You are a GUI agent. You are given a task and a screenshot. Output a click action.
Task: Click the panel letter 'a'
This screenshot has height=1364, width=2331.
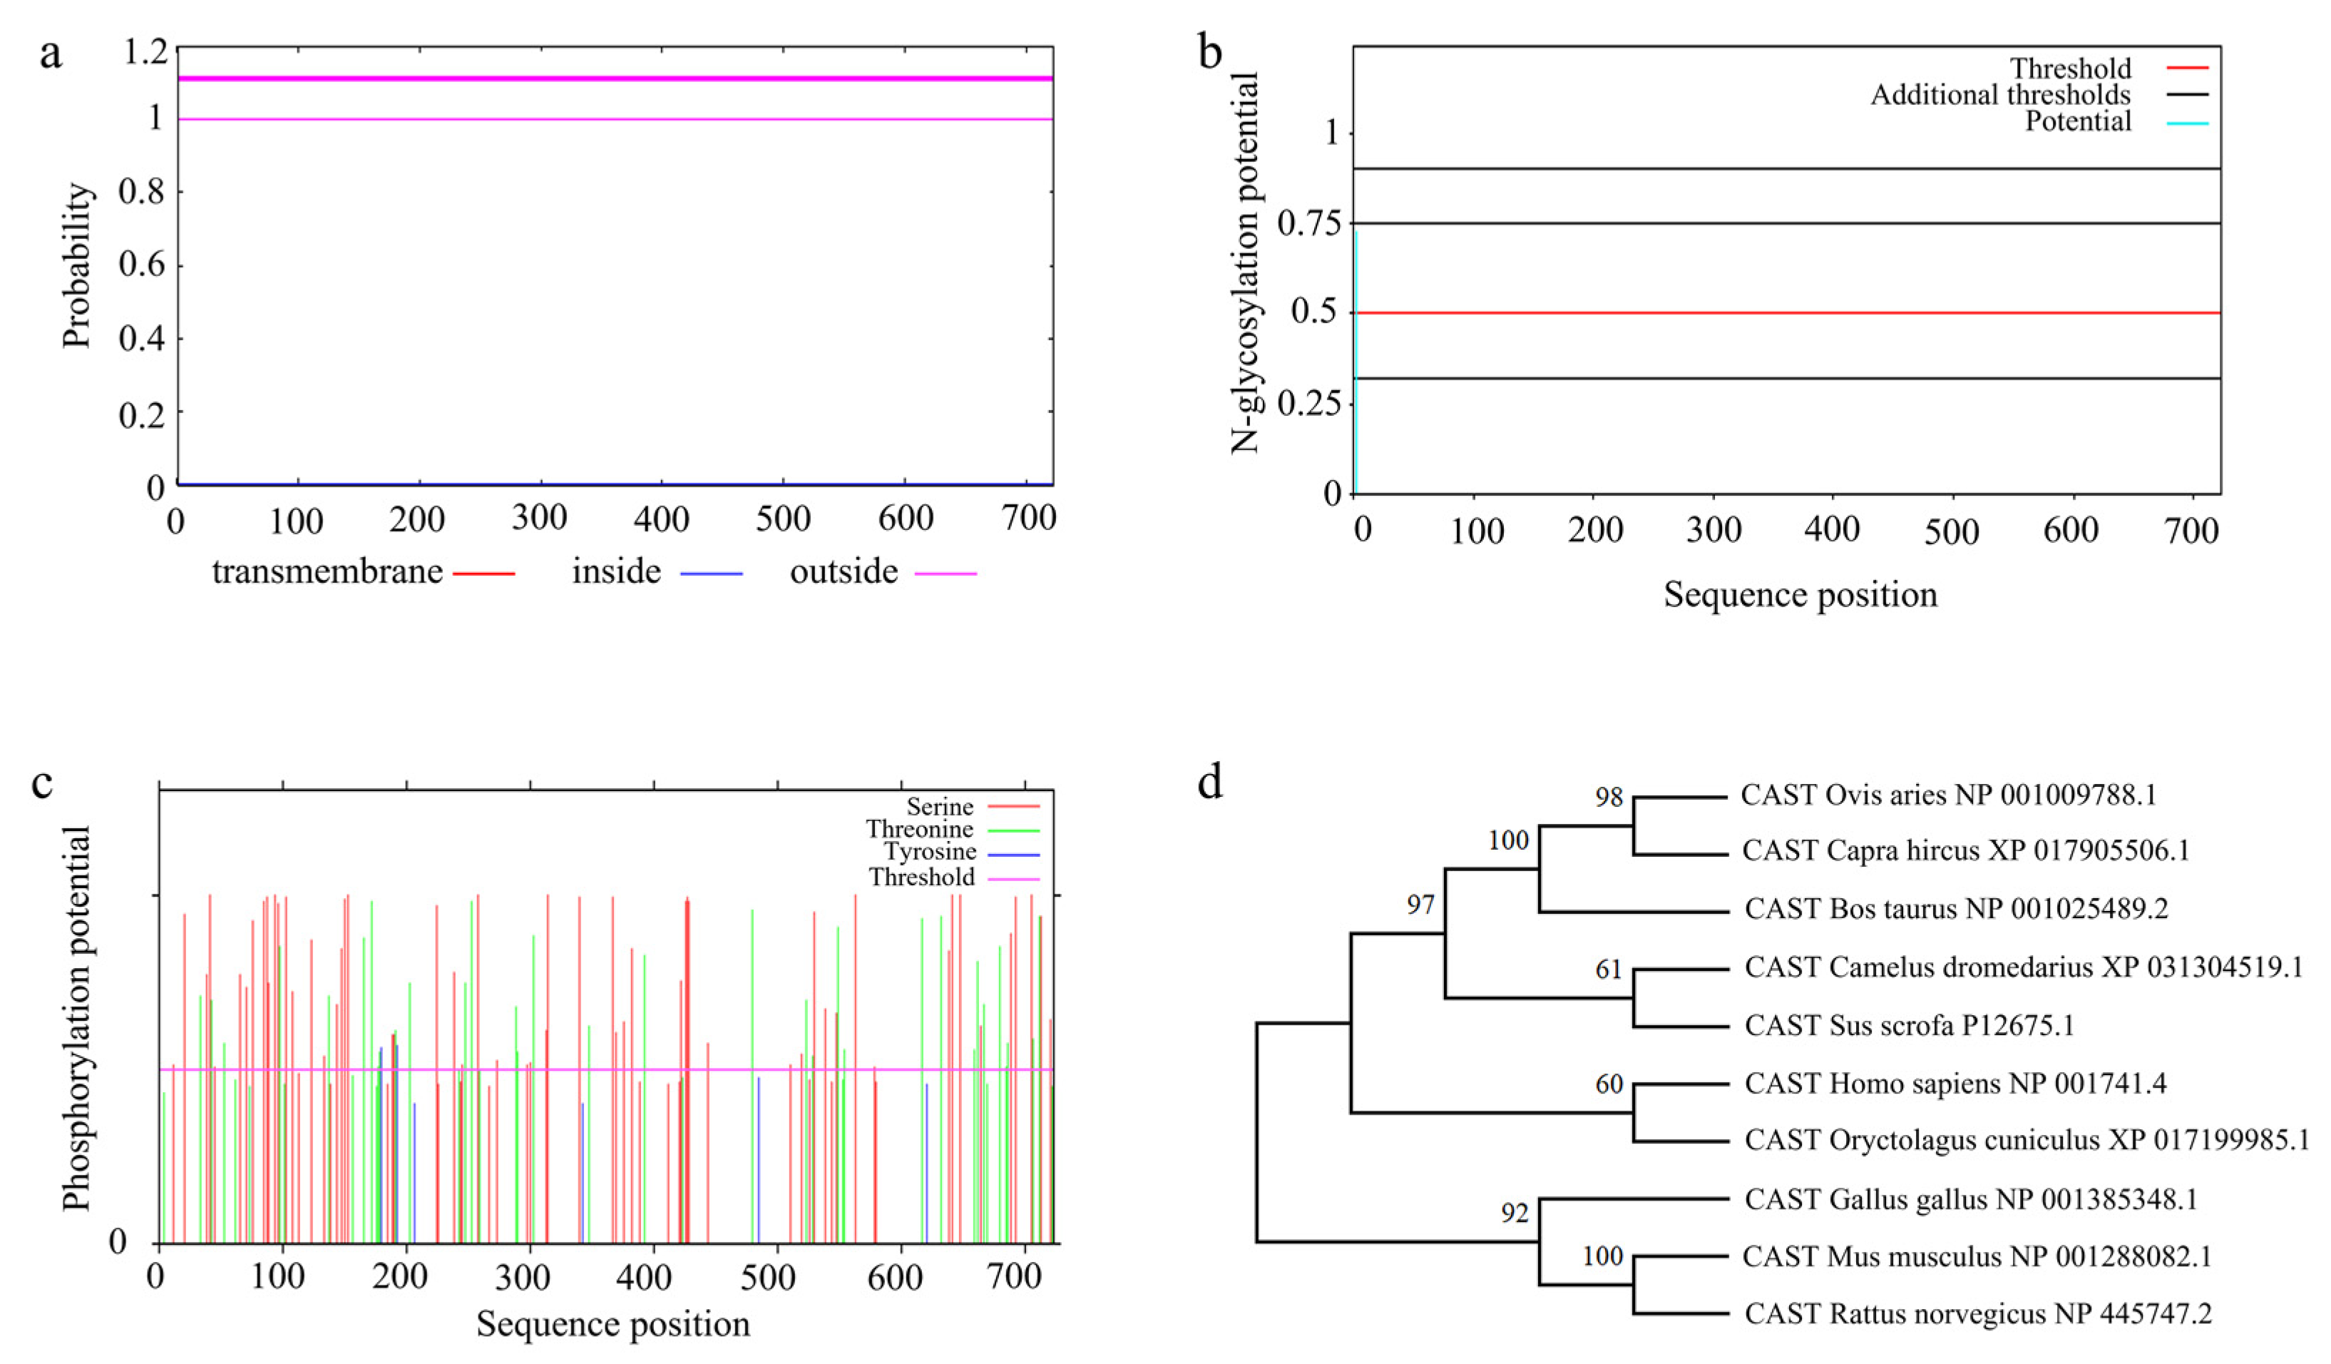51,54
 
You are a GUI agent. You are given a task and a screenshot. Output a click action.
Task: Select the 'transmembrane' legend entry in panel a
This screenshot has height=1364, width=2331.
327,572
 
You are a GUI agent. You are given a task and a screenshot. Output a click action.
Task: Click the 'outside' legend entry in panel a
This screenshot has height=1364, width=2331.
844,572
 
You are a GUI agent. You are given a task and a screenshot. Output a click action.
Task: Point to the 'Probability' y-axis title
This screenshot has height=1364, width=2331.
78,265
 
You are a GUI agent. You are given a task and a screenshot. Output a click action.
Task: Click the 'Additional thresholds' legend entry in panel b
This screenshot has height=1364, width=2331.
2000,94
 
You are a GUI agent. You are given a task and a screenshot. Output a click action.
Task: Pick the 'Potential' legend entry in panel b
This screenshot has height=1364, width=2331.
2078,121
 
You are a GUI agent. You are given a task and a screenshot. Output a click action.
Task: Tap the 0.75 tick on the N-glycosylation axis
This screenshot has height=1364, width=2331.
1308,223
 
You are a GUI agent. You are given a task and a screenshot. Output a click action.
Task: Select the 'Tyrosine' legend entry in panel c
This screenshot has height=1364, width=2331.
930,851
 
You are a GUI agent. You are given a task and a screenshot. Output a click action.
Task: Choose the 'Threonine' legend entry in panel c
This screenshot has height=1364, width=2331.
919,829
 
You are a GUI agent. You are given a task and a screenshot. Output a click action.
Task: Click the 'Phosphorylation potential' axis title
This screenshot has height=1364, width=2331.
77,1018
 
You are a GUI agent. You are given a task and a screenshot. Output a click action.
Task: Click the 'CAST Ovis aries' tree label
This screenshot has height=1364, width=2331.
1948,795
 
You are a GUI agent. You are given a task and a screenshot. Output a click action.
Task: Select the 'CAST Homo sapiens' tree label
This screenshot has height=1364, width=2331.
1955,1084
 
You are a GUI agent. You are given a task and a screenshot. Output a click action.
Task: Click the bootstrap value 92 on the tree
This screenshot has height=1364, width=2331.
1515,1212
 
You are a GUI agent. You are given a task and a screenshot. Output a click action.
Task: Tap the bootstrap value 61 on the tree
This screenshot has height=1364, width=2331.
1609,969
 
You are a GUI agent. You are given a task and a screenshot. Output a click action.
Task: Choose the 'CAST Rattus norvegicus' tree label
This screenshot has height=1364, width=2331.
1977,1314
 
